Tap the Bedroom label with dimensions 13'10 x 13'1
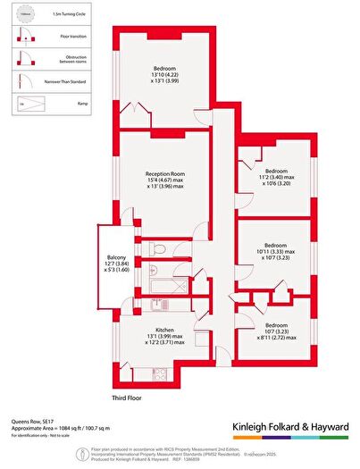[163, 69]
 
